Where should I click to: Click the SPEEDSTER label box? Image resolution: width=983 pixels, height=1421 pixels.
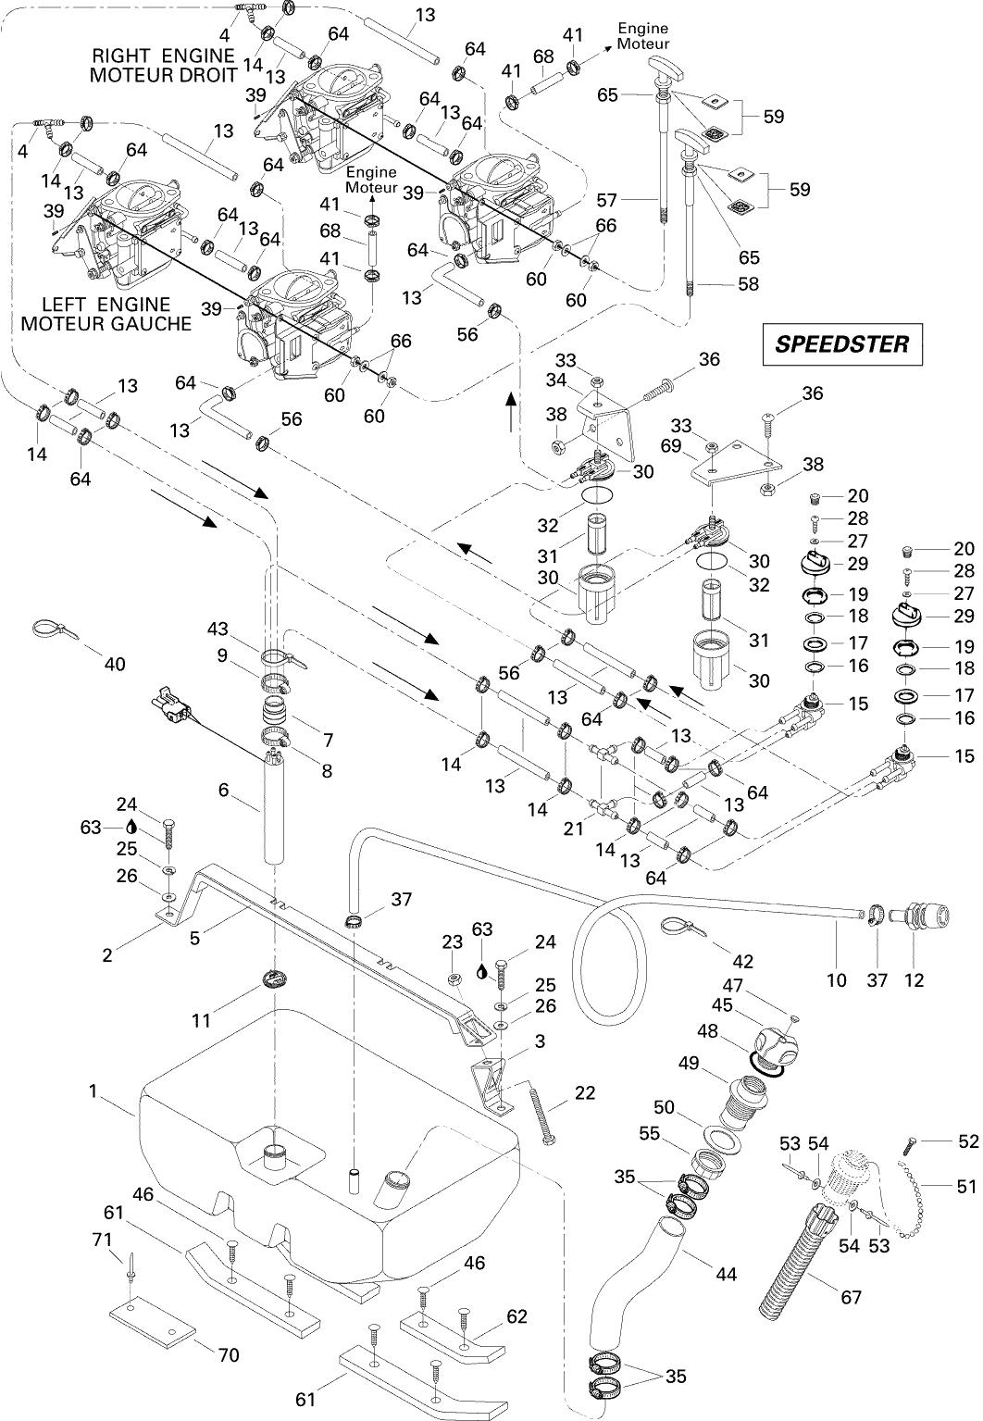(841, 344)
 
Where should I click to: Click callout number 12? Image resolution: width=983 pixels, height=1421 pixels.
(915, 979)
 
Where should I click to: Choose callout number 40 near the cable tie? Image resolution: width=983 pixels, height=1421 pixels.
(116, 664)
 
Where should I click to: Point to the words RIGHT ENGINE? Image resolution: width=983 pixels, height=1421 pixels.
(164, 56)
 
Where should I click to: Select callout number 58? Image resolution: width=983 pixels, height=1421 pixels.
(748, 284)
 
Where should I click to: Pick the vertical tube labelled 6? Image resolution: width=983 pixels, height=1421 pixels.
(274, 809)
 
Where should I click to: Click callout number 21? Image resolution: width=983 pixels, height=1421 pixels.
(574, 829)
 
